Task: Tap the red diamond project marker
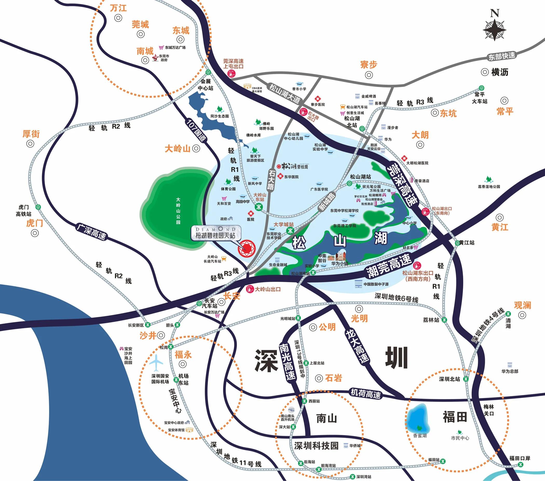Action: [x=247, y=249]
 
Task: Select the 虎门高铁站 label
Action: [x=23, y=210]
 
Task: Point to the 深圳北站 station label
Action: [x=449, y=379]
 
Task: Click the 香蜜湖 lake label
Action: [x=420, y=436]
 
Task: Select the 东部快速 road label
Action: [x=502, y=56]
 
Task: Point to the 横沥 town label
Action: [x=500, y=72]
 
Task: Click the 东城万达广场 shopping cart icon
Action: [x=161, y=48]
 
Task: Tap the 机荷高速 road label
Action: [x=365, y=393]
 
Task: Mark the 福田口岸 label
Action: [x=520, y=458]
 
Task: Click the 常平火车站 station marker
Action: [x=481, y=87]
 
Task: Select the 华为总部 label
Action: [x=510, y=371]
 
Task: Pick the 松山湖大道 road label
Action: [x=284, y=94]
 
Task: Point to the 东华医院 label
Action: [x=291, y=177]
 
